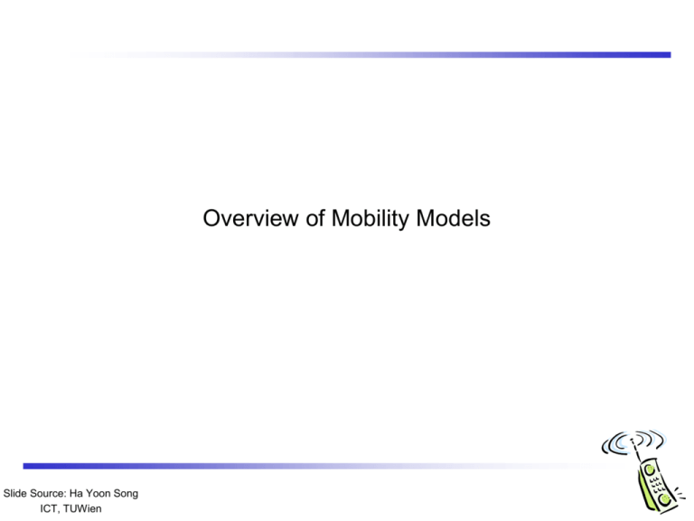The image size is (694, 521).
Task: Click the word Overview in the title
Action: (251, 218)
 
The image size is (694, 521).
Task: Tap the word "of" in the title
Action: (315, 218)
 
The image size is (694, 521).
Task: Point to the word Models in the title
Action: (453, 218)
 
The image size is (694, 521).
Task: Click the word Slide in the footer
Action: (14, 493)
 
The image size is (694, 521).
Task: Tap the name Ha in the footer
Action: (76, 493)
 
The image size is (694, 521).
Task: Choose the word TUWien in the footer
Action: (82, 508)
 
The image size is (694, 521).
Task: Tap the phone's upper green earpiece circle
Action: (650, 469)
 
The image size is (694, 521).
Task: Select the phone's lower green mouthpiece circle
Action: (663, 499)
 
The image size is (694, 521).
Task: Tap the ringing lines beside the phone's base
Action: (680, 494)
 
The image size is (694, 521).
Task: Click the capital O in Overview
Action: (211, 218)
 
